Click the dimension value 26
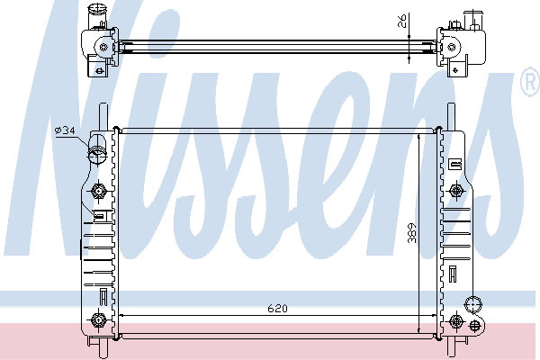(402, 21)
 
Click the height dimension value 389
(412, 233)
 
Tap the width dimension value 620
(277, 309)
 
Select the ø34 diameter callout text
(65, 130)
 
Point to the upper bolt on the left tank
(98, 191)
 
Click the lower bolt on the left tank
(98, 320)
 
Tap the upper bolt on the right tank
(456, 191)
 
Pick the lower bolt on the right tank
(456, 321)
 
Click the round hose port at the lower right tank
(473, 304)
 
